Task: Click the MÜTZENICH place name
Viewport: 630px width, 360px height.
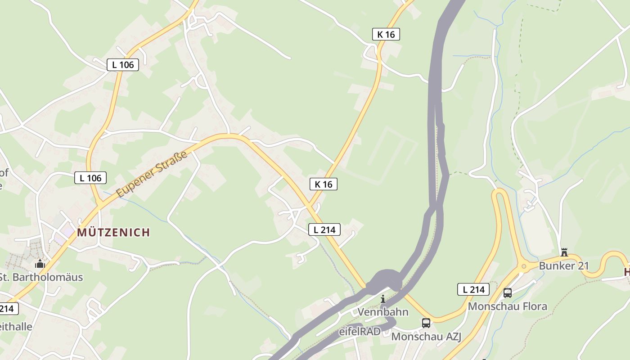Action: click(113, 233)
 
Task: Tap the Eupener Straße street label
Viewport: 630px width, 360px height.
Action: click(152, 175)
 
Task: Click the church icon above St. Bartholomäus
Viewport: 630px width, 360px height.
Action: click(40, 264)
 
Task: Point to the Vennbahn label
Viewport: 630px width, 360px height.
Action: click(383, 312)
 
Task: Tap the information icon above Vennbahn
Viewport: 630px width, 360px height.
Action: click(383, 299)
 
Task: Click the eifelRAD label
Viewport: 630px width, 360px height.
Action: click(360, 332)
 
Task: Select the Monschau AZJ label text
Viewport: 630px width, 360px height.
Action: click(426, 337)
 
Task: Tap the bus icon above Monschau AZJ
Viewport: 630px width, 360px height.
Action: click(426, 323)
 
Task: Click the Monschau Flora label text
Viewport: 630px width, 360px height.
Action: click(508, 306)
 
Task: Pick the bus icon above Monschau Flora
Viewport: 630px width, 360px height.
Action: click(508, 293)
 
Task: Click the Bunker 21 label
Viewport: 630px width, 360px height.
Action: click(564, 266)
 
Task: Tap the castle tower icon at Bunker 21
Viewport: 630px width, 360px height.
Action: click(564, 252)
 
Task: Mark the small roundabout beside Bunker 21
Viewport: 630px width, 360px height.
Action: click(523, 266)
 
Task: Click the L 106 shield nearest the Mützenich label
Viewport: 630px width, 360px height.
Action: click(90, 178)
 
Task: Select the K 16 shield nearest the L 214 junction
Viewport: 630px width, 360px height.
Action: click(324, 184)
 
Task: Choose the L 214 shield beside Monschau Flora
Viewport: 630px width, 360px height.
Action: click(473, 289)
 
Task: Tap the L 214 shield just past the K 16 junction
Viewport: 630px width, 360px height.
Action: click(324, 229)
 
